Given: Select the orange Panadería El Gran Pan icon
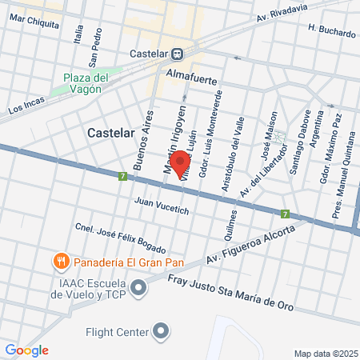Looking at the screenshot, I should (x=60, y=261).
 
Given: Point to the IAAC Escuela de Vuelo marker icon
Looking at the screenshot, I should (x=139, y=286).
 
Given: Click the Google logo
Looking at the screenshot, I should (x=26, y=350).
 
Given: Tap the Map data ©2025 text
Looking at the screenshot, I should (x=325, y=354).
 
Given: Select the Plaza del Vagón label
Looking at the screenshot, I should (x=86, y=82).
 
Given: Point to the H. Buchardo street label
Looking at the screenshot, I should (x=331, y=33).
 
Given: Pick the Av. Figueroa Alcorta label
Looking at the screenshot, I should (x=250, y=242).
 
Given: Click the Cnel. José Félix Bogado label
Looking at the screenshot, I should (x=121, y=235).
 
